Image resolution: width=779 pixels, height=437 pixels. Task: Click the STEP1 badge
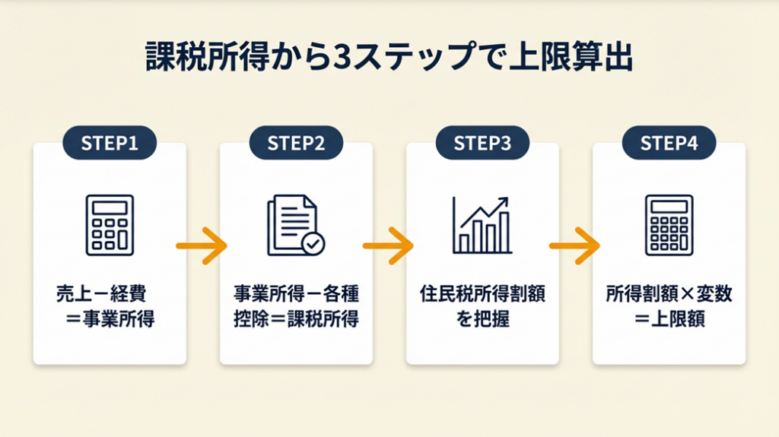click(110, 143)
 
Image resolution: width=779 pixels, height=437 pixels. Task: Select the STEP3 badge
click(482, 143)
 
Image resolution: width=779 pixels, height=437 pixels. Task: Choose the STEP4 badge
click(669, 143)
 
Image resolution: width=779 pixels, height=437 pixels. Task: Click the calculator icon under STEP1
click(110, 225)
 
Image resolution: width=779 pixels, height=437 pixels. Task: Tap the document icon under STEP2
click(293, 226)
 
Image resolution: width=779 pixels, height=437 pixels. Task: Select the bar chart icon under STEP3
click(482, 225)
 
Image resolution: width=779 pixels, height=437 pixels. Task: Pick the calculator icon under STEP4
click(669, 225)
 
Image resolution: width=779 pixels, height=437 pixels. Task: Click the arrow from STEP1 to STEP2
click(202, 246)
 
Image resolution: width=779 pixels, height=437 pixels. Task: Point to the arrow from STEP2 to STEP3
click(389, 246)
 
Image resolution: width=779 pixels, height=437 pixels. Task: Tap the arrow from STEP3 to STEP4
click(575, 246)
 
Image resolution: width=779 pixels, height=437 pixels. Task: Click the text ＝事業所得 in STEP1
click(110, 318)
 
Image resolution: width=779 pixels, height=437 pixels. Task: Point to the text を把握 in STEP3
click(482, 318)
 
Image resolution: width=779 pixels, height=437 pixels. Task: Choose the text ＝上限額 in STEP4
click(669, 318)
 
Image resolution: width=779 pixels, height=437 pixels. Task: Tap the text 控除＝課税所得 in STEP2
click(296, 318)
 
